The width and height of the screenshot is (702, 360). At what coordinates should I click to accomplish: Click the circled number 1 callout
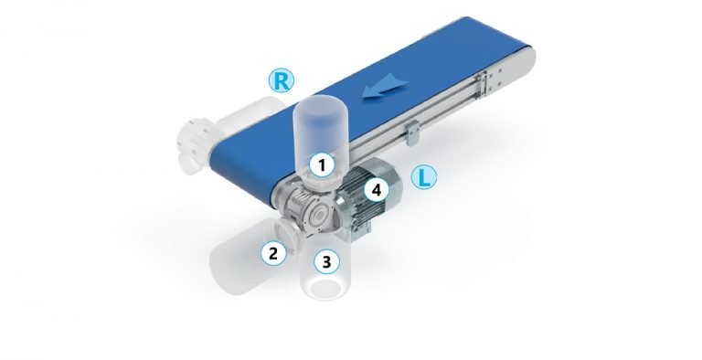click(x=322, y=165)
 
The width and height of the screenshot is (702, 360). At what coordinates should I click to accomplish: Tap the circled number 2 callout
click(x=273, y=253)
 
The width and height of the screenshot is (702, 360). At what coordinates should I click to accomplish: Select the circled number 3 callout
click(x=327, y=261)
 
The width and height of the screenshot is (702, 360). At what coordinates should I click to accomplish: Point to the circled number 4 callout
click(x=377, y=190)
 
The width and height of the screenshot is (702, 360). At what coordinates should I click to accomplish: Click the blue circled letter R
click(x=282, y=81)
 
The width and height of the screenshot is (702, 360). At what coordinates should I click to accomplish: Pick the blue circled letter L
click(x=423, y=177)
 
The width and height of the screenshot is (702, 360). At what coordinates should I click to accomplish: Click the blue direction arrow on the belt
click(x=385, y=86)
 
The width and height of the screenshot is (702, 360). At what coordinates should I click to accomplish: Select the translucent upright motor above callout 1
click(x=320, y=134)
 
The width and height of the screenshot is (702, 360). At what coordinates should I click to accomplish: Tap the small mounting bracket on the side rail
click(x=412, y=133)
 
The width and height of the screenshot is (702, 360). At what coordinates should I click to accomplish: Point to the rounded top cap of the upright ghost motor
click(x=320, y=107)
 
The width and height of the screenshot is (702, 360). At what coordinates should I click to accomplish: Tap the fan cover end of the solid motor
click(x=390, y=184)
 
